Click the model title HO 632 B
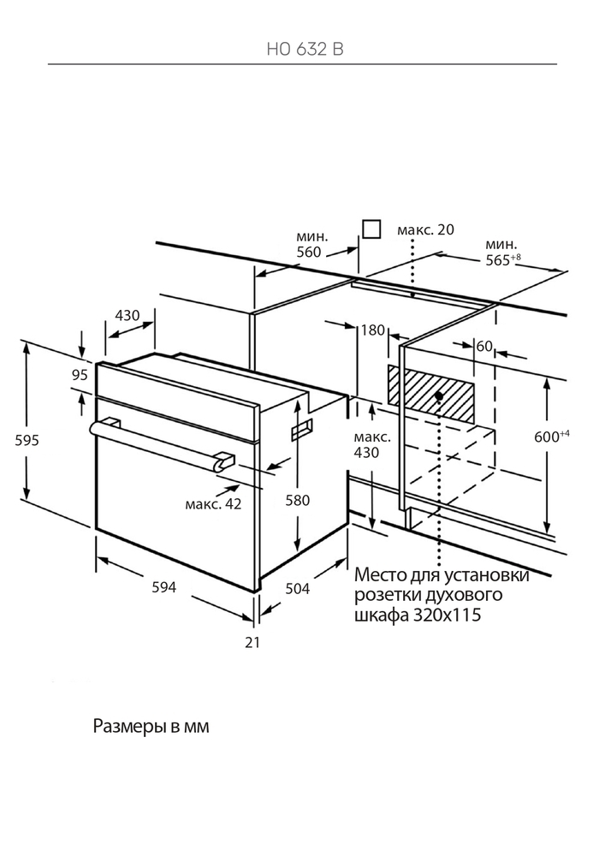click(302, 50)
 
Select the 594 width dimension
click(163, 587)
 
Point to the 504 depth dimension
click(296, 589)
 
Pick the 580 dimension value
click(320, 500)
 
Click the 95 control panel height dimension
click(80, 374)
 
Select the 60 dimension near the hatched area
click(484, 346)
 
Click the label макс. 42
click(213, 504)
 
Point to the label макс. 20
click(425, 229)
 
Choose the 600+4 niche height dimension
click(552, 437)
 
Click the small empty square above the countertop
click(371, 229)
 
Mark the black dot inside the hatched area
click(438, 395)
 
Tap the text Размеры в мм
click(150, 727)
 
